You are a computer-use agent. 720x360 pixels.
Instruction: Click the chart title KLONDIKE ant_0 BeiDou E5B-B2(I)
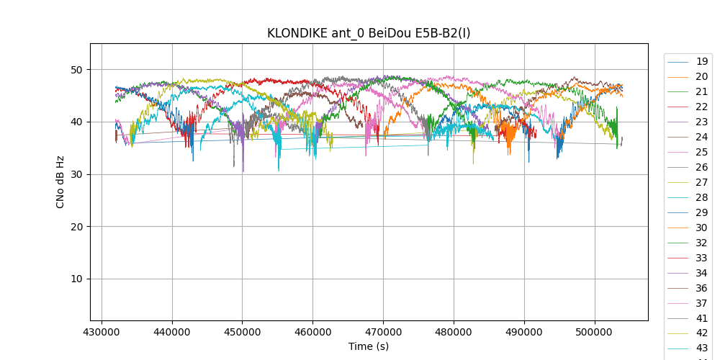pos(369,33)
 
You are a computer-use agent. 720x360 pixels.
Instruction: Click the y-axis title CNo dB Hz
pos(60,181)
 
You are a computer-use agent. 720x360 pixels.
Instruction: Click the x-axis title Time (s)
pos(369,346)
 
